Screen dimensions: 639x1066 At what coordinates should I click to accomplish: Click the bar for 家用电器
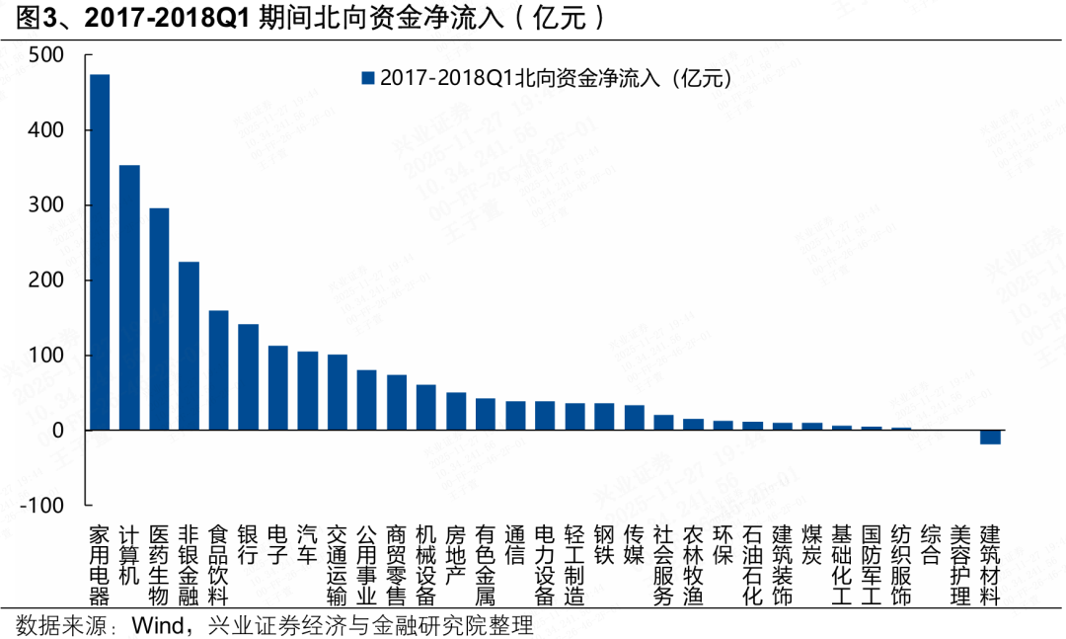pyautogui.click(x=100, y=252)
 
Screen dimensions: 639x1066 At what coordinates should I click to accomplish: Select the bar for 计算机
pyautogui.click(x=129, y=297)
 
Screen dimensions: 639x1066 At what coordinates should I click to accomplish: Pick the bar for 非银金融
pyautogui.click(x=189, y=346)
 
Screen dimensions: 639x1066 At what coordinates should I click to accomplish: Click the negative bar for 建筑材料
pyautogui.click(x=990, y=437)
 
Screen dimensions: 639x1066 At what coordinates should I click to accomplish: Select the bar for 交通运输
pyautogui.click(x=338, y=392)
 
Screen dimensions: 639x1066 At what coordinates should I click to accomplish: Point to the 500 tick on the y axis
pyautogui.click(x=46, y=55)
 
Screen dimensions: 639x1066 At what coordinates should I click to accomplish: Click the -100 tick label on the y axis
pyautogui.click(x=42, y=505)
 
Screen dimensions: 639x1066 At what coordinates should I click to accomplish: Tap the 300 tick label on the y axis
pyautogui.click(x=46, y=205)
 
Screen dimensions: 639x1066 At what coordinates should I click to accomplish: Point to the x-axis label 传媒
pyautogui.click(x=635, y=543)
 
